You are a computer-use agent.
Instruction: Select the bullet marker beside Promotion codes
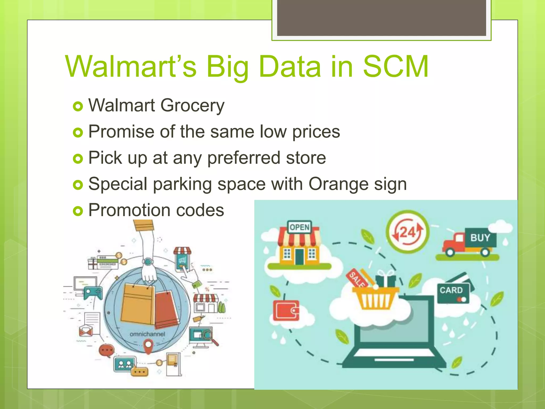point(78,211)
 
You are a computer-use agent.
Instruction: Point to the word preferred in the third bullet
point(243,158)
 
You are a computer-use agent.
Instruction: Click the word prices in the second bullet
point(316,132)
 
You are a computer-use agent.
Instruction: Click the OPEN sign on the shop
point(299,227)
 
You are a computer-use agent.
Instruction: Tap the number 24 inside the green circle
point(407,232)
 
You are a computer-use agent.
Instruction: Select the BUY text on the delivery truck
point(480,238)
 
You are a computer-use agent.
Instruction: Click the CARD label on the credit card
point(451,290)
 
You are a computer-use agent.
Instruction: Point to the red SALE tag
point(357,279)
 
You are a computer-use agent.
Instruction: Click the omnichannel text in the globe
point(147,334)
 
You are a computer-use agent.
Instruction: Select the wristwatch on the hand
point(148,261)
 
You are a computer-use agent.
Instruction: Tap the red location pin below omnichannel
point(148,346)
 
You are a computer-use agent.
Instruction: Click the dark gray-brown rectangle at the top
point(381,17)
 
